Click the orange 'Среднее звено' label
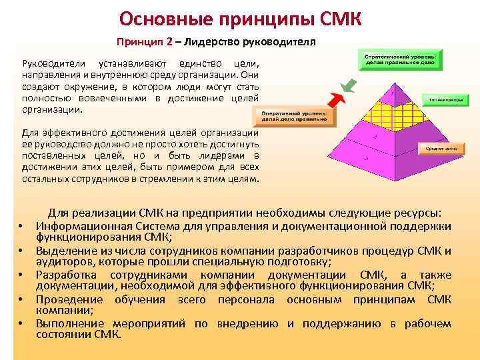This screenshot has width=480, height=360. click(x=439, y=148)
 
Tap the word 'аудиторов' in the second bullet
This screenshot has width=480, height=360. click(x=61, y=262)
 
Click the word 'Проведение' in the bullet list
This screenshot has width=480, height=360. click(x=66, y=299)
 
